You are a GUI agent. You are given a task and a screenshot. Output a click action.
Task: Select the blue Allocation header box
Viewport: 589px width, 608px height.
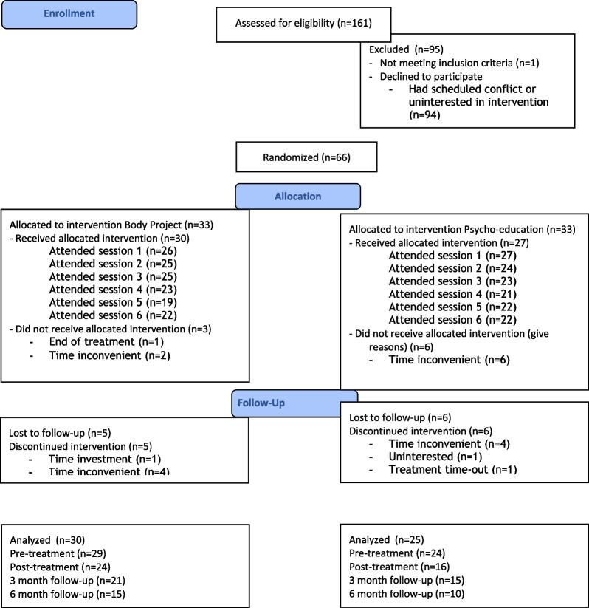[297, 197]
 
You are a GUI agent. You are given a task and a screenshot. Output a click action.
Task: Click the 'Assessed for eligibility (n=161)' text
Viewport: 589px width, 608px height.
[303, 23]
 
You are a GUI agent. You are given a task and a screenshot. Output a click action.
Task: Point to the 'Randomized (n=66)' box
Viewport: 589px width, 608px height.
[306, 157]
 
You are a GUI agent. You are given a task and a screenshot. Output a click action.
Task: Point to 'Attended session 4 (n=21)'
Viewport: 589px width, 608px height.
[452, 295]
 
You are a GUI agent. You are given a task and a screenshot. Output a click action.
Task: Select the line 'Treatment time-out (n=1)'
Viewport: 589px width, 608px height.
[452, 469]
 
